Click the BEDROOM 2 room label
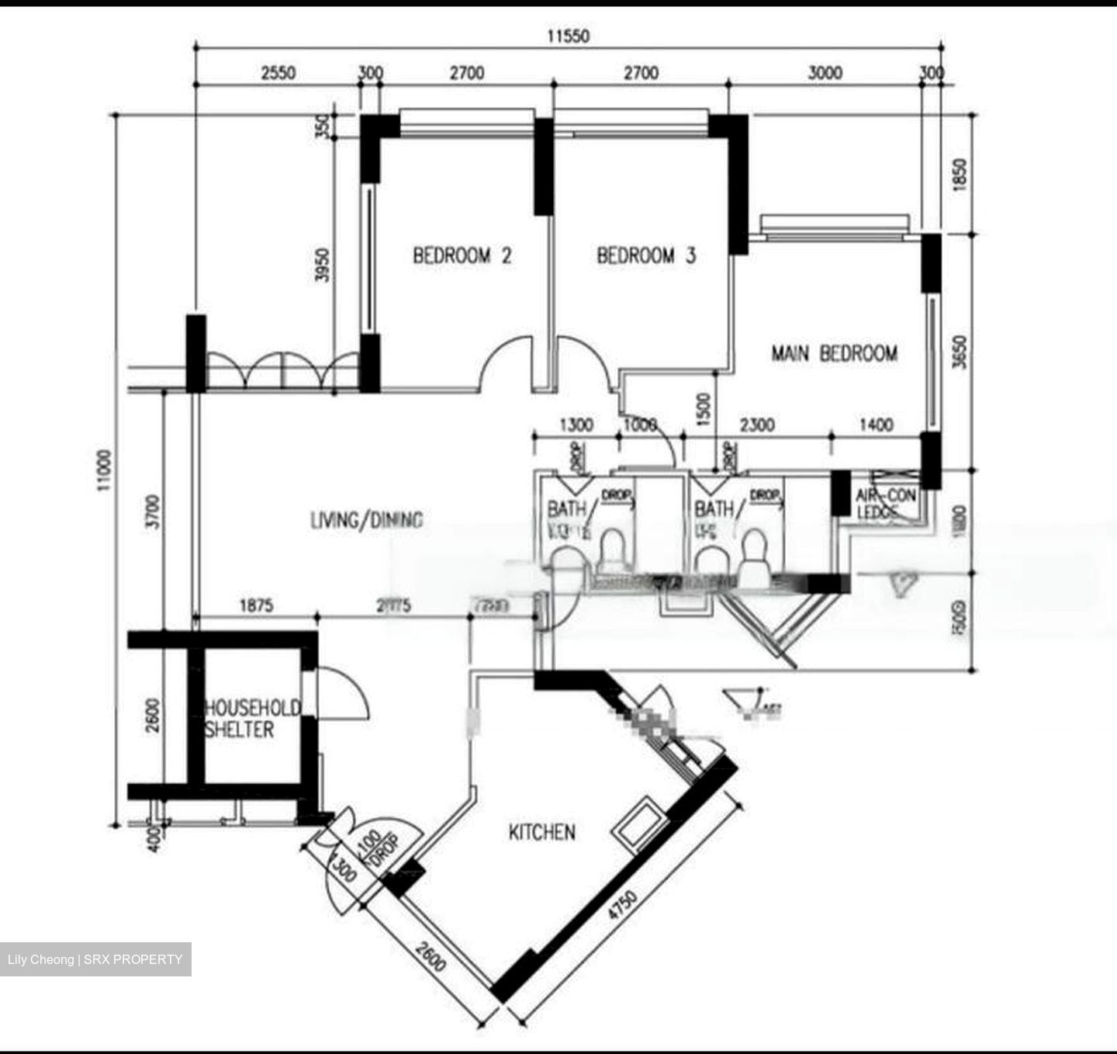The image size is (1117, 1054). point(462,255)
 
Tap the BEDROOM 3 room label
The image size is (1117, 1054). point(646,255)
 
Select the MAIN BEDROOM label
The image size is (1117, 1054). point(834,354)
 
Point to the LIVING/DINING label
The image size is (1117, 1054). point(366,520)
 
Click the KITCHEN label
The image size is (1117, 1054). point(541,833)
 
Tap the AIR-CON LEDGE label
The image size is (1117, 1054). point(885,503)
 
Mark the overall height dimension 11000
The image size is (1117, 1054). point(105,470)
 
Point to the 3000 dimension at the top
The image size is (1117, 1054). point(825,73)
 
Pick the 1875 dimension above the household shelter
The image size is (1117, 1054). point(256,605)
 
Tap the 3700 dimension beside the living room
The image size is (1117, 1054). point(153,512)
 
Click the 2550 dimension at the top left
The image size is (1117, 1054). point(278,73)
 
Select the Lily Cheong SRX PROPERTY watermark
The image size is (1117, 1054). point(95,959)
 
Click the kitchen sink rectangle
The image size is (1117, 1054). point(638,826)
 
